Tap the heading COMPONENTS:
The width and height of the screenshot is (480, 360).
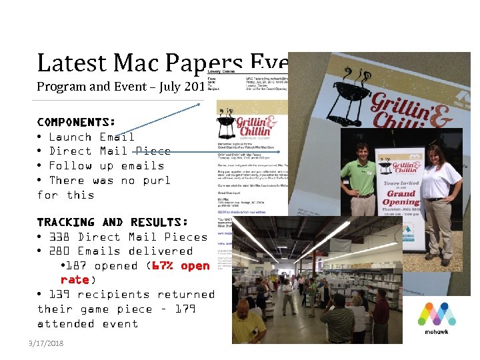point(77,122)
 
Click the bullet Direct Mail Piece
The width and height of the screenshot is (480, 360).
point(110,151)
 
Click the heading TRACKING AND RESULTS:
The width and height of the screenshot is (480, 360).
point(112,222)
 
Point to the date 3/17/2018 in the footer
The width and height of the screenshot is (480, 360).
point(46,343)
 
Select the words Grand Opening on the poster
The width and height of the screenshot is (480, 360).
point(400,198)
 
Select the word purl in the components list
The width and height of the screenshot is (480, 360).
point(156,181)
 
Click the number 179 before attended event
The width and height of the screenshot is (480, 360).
point(185,309)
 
